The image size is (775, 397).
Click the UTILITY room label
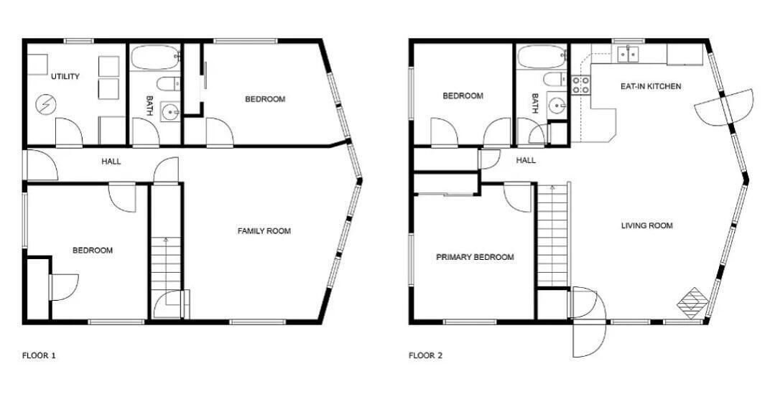(65, 77)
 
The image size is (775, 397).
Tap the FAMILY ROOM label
(264, 230)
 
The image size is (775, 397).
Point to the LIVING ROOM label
(646, 225)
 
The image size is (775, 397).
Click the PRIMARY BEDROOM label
(475, 257)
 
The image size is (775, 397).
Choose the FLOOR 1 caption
(39, 355)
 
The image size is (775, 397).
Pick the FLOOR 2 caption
(425, 355)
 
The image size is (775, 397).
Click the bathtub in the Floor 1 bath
(155, 57)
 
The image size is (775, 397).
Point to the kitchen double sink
(627, 53)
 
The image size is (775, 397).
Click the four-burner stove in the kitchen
(581, 85)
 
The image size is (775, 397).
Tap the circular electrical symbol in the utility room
(46, 105)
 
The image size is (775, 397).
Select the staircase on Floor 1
(166, 263)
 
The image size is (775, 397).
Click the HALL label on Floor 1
(111, 162)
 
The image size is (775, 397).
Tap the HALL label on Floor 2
(525, 161)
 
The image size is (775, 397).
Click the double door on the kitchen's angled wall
(723, 107)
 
